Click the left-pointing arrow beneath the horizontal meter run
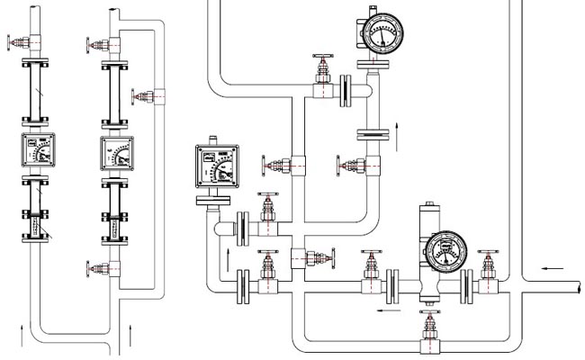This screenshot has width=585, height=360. [388, 310]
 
